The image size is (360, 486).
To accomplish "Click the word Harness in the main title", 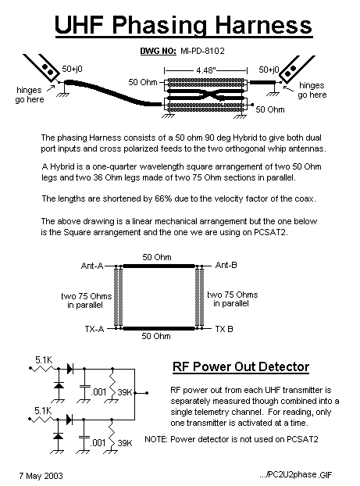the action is (x=264, y=26).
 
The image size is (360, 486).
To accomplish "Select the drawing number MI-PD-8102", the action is (x=202, y=51).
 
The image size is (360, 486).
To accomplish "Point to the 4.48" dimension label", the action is (x=206, y=70).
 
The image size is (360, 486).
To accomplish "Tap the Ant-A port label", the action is (x=92, y=266).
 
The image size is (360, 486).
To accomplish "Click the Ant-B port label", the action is (x=226, y=265).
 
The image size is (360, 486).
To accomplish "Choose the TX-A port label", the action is (x=94, y=329).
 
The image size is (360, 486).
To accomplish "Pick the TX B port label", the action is (x=224, y=329).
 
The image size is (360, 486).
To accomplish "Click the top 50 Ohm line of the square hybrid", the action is (x=159, y=266).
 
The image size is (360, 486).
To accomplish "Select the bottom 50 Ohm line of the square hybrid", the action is (x=159, y=328).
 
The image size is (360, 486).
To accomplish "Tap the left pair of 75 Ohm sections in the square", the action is (x=119, y=297).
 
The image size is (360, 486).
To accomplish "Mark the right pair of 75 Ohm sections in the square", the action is (x=199, y=297).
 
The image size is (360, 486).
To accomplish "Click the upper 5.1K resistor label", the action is (x=44, y=360).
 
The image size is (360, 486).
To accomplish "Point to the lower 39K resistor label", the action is (x=125, y=443).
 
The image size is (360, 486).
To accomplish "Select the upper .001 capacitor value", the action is (x=99, y=392).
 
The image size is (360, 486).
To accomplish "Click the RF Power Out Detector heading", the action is (x=241, y=367).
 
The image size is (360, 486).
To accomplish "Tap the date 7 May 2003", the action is (x=41, y=476).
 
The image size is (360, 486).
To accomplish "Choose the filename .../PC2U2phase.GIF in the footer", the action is (x=295, y=474).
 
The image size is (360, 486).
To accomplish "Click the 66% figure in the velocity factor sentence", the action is (x=163, y=198).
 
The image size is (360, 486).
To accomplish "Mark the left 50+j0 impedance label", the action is (x=73, y=69).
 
